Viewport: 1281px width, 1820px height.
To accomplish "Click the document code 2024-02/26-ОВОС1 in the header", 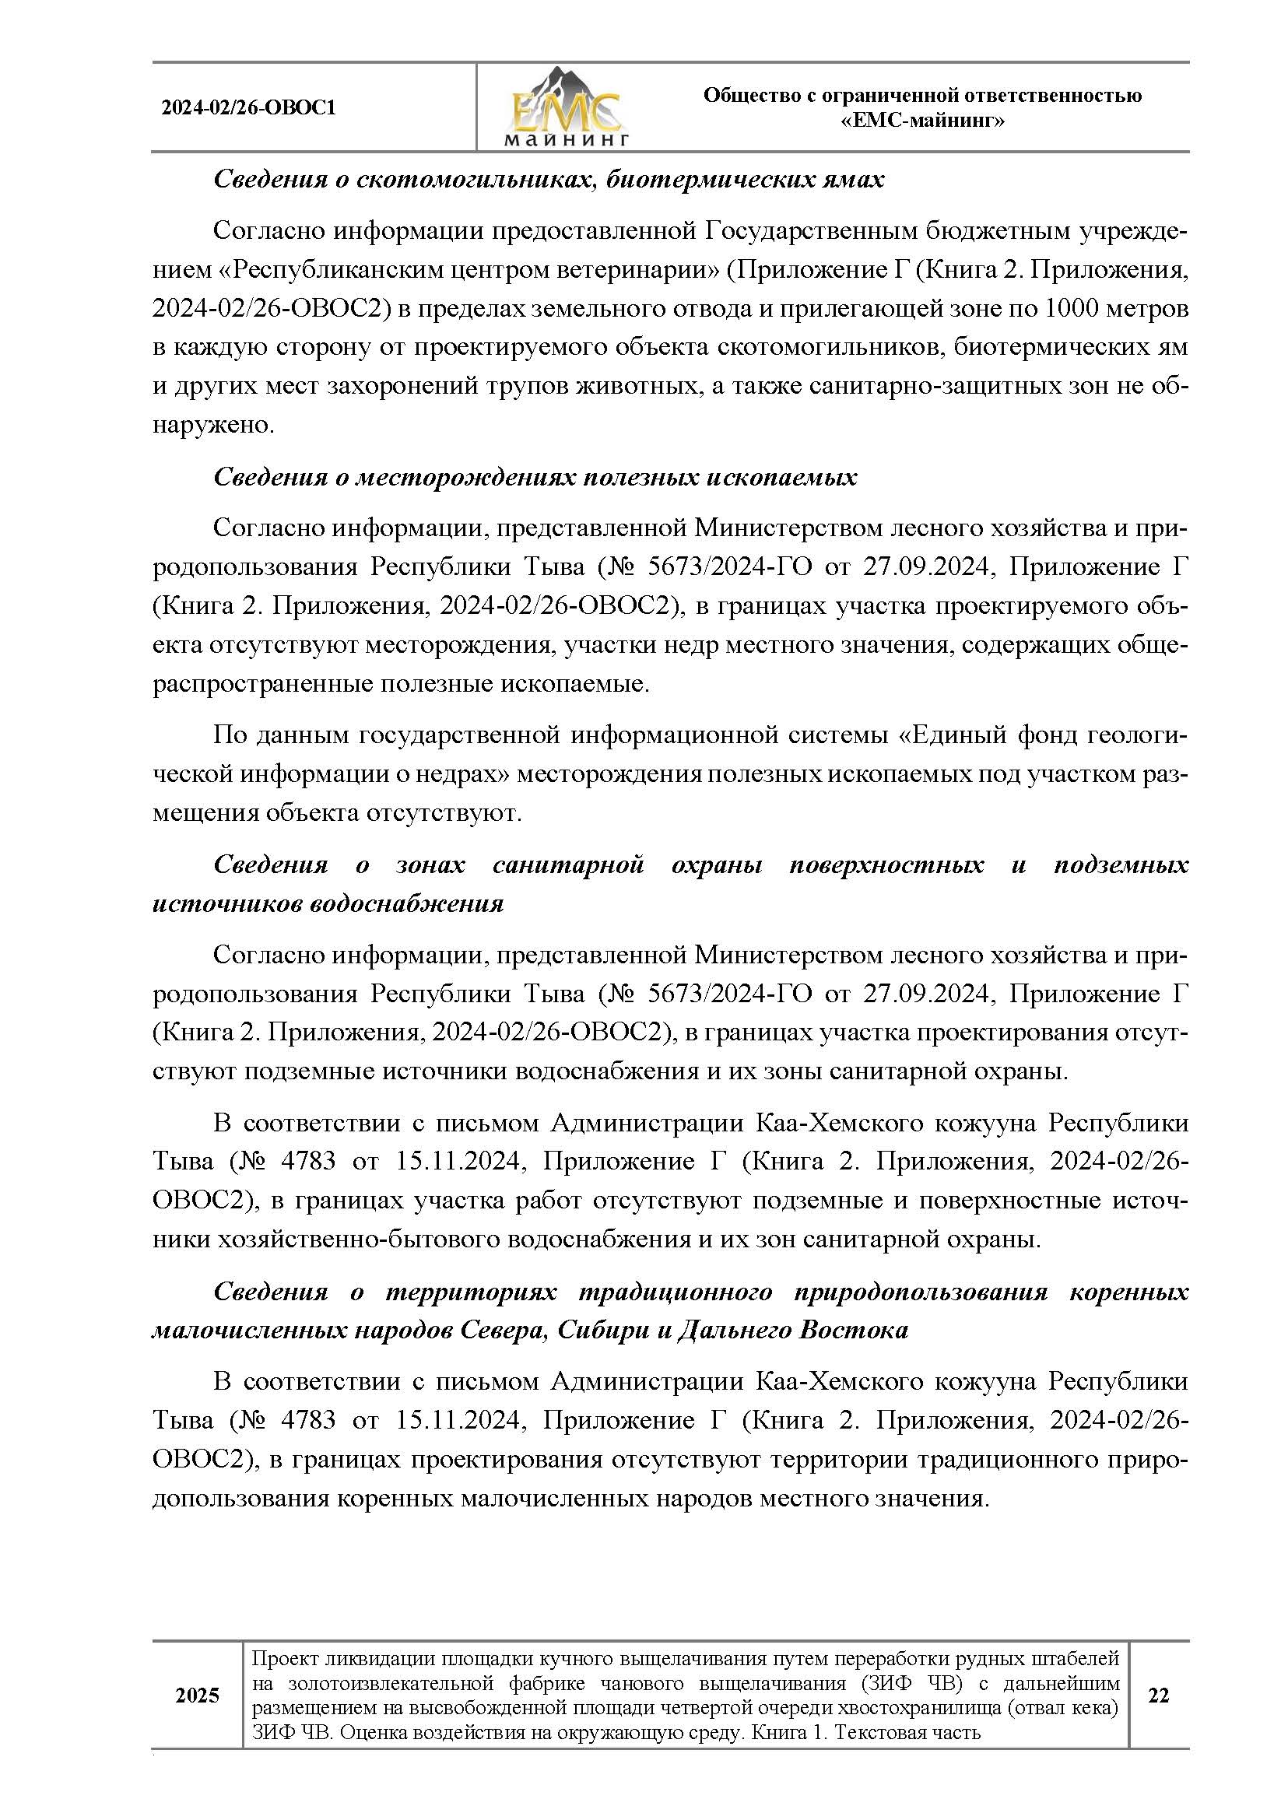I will [249, 108].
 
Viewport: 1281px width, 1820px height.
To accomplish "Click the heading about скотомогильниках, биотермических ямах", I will [549, 180].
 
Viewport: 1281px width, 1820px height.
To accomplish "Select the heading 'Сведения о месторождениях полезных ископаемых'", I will [535, 477].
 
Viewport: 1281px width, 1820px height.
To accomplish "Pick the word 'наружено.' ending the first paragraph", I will [213, 425].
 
